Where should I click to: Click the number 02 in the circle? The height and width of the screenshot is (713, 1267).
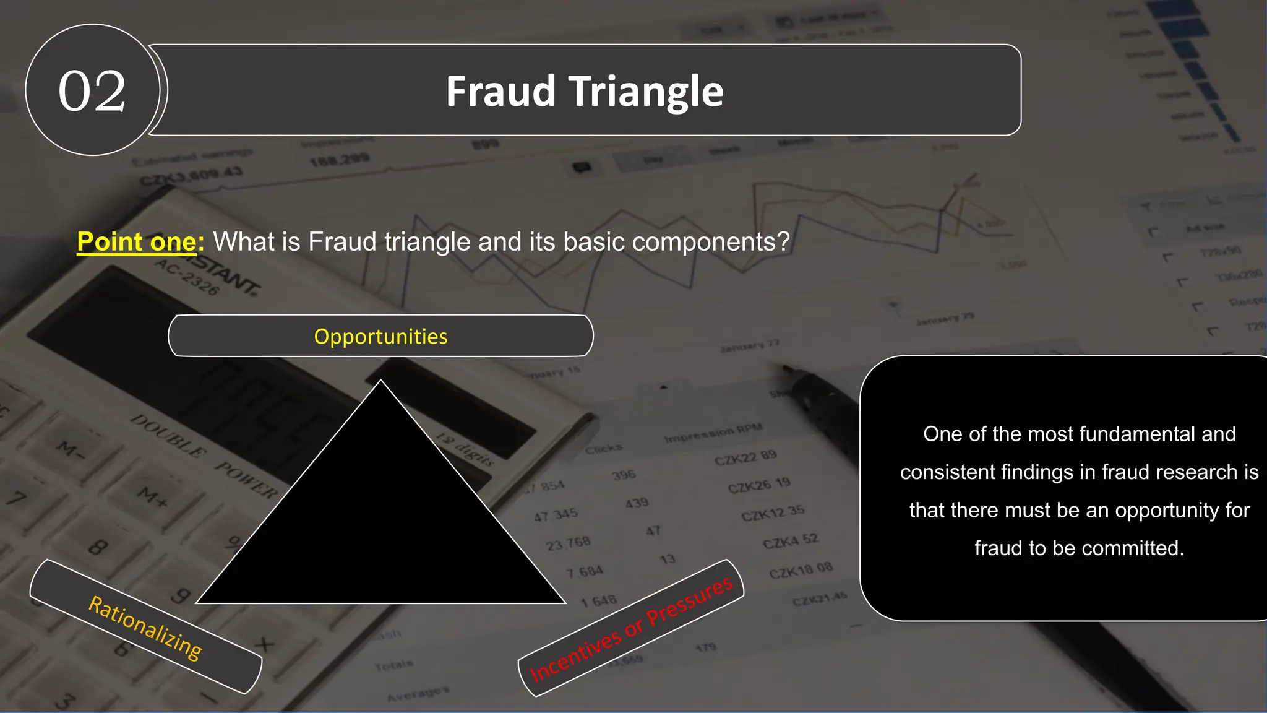[92, 91]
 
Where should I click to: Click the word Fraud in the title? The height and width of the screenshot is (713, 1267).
[500, 92]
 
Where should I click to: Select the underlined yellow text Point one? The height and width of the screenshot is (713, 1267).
[137, 241]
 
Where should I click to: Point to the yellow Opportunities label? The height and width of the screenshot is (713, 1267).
[380, 337]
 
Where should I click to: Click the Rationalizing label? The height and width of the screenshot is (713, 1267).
[145, 627]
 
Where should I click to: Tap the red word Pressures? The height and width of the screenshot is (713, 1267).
[689, 600]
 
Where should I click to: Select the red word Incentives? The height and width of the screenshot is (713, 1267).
[575, 654]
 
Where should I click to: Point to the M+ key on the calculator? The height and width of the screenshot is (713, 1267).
[152, 497]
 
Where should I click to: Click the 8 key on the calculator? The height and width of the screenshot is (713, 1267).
[98, 547]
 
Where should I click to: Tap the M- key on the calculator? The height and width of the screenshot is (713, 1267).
[70, 450]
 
